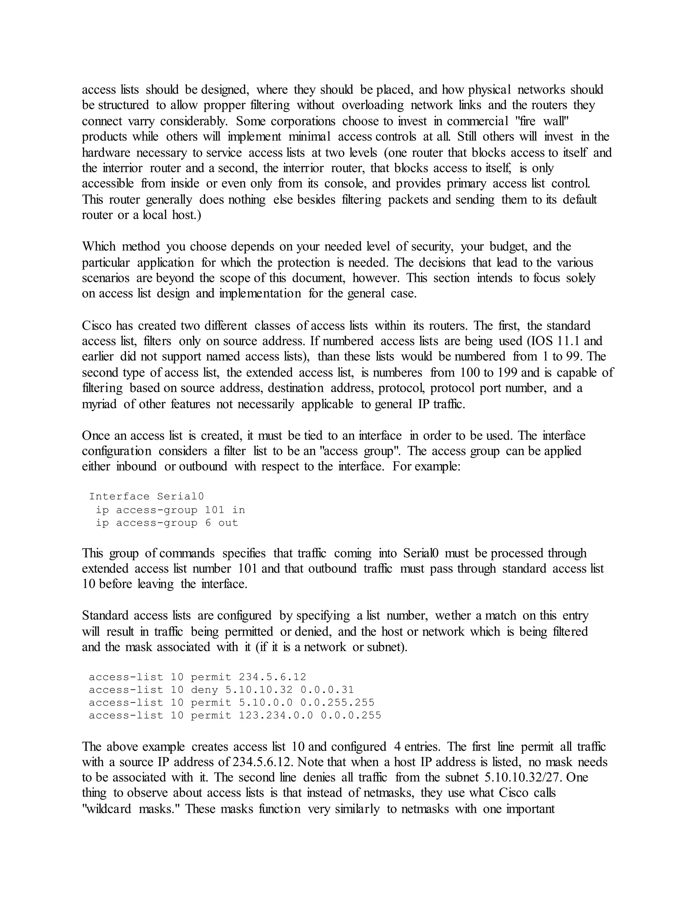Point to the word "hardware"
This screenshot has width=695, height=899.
(x=106, y=153)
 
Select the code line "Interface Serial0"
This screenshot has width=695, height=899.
(x=146, y=496)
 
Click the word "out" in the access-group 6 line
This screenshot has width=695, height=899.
(x=228, y=523)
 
